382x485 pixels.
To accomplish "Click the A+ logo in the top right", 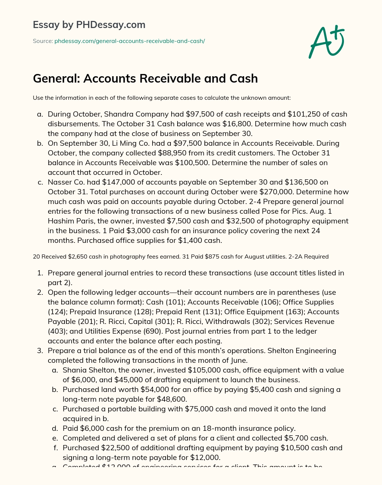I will [326, 42].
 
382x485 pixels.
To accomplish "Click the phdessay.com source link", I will [129, 41].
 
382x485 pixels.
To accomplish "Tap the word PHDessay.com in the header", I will [110, 25].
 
